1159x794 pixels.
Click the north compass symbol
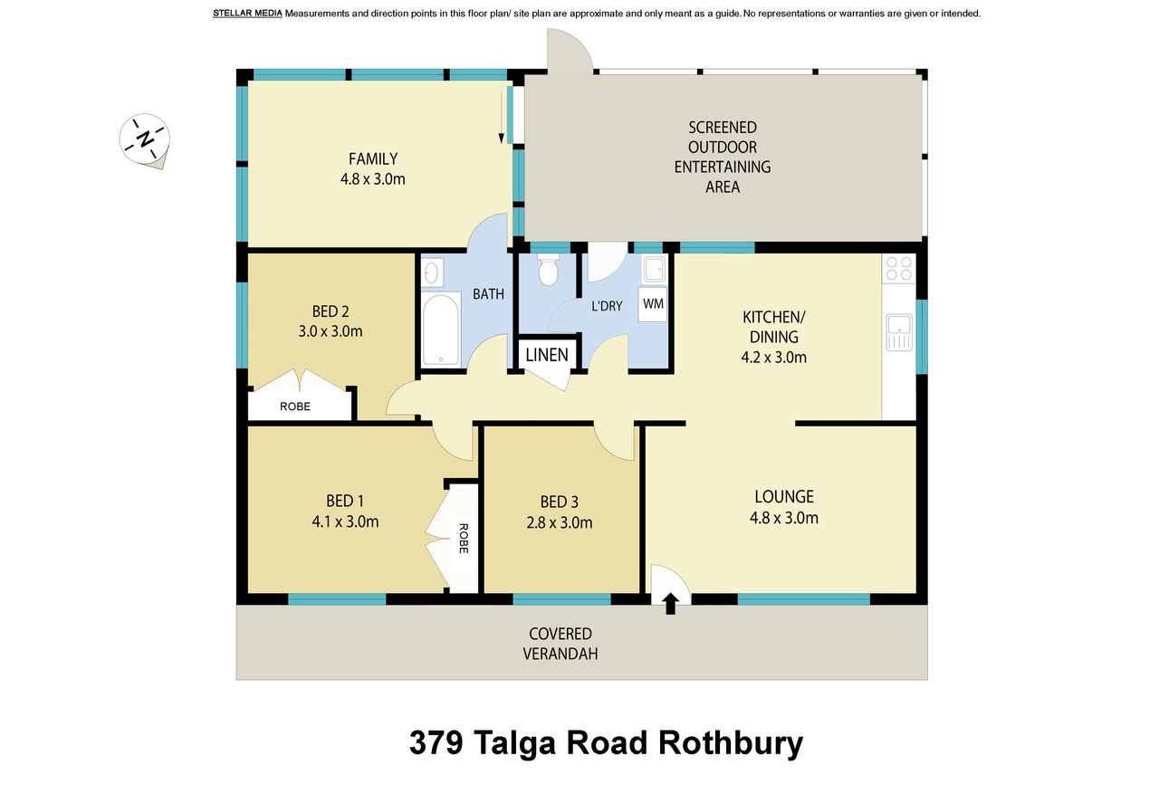[x=144, y=140]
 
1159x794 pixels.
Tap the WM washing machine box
[x=653, y=304]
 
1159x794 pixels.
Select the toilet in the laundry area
[x=548, y=269]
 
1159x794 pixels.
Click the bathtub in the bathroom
[x=441, y=329]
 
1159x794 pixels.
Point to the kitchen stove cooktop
[x=899, y=269]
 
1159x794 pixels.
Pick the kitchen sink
[x=899, y=332]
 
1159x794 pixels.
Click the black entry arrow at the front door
[x=671, y=603]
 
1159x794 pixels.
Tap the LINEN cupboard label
[x=547, y=355]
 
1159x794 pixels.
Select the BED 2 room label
[x=330, y=311]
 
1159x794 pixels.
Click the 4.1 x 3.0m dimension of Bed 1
[x=345, y=521]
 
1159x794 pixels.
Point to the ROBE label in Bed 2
[x=295, y=407]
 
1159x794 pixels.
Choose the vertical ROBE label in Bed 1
[x=464, y=539]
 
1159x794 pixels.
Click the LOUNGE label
[x=784, y=496]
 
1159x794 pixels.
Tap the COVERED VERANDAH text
[x=560, y=644]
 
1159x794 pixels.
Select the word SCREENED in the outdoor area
[x=723, y=128]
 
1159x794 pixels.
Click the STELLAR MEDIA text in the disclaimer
[x=247, y=14]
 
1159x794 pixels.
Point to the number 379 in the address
[x=436, y=742]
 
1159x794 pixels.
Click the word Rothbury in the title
[x=731, y=744]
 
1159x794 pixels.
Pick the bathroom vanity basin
[x=433, y=273]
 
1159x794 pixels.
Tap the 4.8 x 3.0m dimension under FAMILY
[x=372, y=179]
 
